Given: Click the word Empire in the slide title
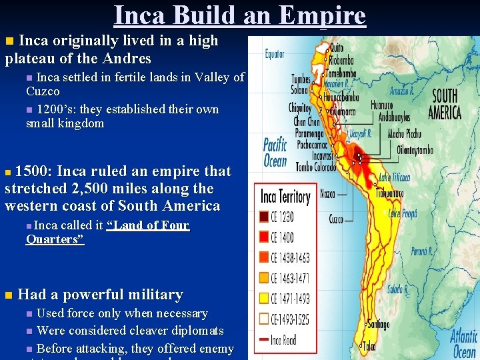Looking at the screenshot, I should (326, 15).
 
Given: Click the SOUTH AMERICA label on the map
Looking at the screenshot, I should (444, 104).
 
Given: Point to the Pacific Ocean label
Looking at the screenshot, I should (275, 153).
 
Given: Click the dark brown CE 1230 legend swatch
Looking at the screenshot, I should (264, 216).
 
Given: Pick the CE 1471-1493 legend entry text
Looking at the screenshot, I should (290, 298).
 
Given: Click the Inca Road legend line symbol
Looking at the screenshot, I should (264, 339).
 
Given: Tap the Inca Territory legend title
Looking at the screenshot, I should (285, 197).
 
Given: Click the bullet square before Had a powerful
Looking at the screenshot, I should (8, 295).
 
